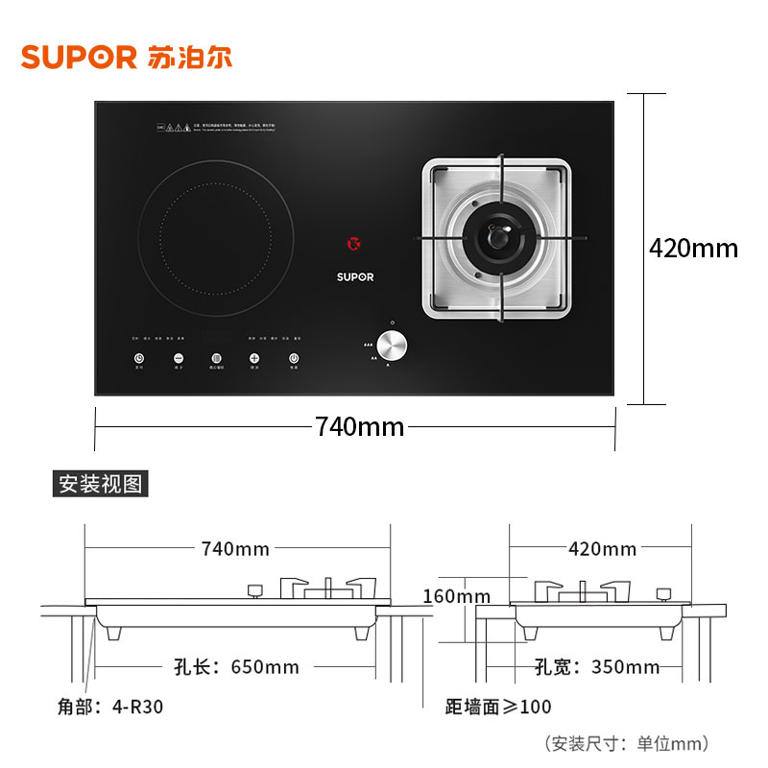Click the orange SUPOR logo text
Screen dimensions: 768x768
click(x=79, y=56)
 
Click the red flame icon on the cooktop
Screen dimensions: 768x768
click(x=353, y=244)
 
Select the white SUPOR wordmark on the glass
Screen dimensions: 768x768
click(x=354, y=277)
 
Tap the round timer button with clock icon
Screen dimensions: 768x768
click(x=139, y=358)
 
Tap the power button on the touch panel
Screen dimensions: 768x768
click(x=294, y=358)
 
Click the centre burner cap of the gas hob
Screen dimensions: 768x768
click(x=497, y=234)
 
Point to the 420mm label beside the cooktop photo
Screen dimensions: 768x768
click(x=693, y=249)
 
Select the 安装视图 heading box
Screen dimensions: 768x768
click(x=100, y=484)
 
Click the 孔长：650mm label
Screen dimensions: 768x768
click(x=236, y=666)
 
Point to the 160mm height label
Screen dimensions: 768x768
click(x=457, y=596)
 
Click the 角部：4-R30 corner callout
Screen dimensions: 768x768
click(x=111, y=707)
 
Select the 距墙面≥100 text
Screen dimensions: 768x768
click(x=498, y=707)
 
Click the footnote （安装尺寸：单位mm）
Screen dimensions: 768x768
click(x=627, y=742)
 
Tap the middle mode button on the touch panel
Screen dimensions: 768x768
click(x=216, y=358)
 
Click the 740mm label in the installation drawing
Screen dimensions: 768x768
click(x=235, y=549)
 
